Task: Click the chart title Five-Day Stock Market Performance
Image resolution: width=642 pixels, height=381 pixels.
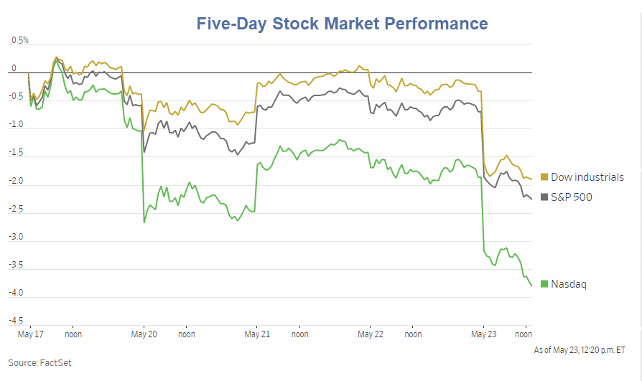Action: (x=343, y=23)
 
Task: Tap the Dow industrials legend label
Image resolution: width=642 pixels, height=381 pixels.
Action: (x=587, y=177)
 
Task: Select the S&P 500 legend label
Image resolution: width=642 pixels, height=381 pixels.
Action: (x=571, y=197)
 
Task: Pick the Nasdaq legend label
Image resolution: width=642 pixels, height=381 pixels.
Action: (x=568, y=284)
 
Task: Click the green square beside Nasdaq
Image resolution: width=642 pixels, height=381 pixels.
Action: (x=544, y=284)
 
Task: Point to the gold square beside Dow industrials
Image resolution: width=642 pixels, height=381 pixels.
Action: (x=544, y=177)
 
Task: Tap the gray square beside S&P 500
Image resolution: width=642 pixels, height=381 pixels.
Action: (x=544, y=197)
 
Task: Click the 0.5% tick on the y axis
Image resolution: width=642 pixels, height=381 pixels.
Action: (x=19, y=40)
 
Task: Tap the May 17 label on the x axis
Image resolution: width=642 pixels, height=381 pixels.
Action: (x=29, y=334)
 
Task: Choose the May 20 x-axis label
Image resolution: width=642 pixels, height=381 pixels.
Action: (x=144, y=334)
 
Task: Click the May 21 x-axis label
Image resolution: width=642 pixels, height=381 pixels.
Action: (x=257, y=334)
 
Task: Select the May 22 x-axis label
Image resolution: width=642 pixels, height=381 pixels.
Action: (x=371, y=334)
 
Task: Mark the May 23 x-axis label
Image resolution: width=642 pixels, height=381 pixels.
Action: (x=483, y=334)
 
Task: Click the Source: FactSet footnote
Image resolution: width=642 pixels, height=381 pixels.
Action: (x=39, y=363)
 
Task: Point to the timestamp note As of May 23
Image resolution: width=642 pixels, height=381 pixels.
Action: (x=579, y=349)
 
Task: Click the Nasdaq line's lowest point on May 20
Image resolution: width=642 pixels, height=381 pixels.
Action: (x=144, y=222)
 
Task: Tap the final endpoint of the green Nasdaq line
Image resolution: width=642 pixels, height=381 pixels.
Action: (x=531, y=286)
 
